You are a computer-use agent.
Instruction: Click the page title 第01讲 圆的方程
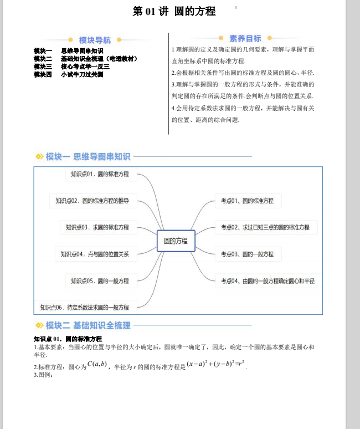[174, 11]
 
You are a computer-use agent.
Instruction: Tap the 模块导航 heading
[95, 40]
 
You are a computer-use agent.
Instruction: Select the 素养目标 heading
[245, 38]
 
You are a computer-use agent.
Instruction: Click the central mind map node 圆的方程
[176, 241]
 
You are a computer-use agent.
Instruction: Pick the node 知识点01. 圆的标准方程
[100, 174]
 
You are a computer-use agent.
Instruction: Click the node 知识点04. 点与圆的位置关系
[95, 254]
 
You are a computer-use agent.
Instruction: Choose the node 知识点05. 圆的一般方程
[100, 281]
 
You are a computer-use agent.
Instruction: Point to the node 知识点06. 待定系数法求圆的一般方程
[84, 307]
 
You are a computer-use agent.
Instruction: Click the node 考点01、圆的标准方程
[247, 201]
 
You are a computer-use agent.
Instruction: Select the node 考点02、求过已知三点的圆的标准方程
[265, 227]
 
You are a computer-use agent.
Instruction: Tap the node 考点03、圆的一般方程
[247, 254]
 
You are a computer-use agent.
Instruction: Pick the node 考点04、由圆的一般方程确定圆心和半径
[268, 281]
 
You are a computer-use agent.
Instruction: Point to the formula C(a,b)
[97, 364]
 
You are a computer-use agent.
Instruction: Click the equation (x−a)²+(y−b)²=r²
[215, 364]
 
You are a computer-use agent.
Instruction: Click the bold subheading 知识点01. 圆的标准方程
[68, 339]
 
